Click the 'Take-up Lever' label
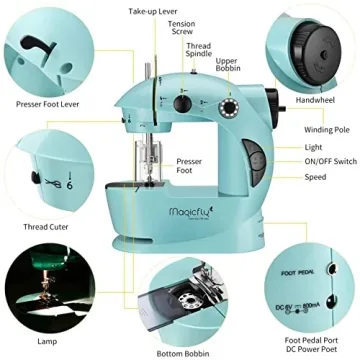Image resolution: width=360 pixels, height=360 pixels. [x=153, y=10]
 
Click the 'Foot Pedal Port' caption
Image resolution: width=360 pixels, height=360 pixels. [x=311, y=338]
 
